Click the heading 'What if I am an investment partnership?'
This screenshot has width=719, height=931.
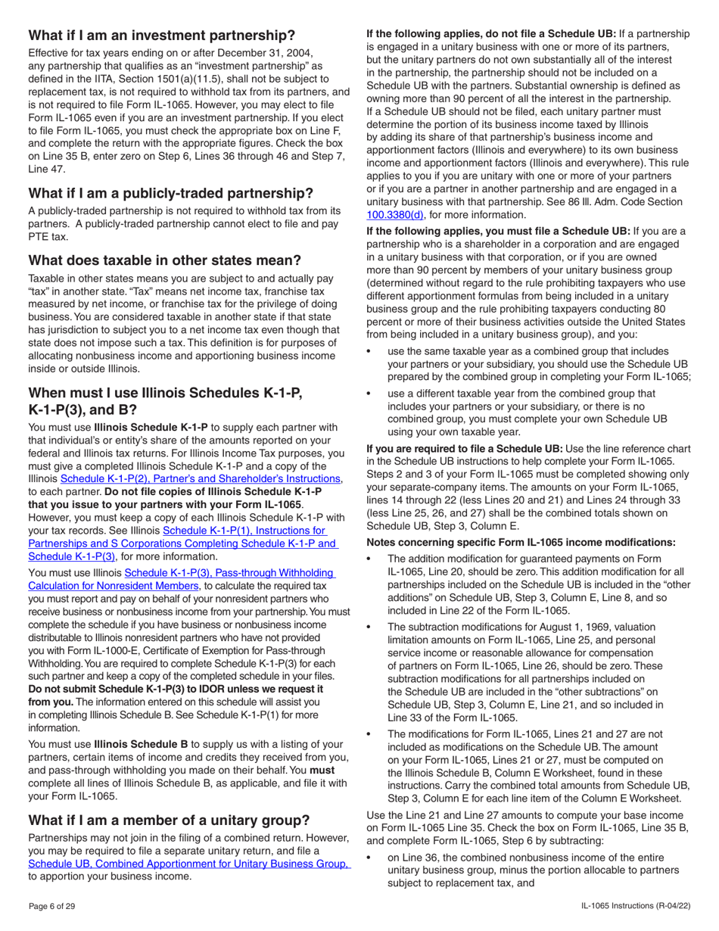(x=161, y=36)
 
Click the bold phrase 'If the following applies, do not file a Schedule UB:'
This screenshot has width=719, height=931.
(x=490, y=34)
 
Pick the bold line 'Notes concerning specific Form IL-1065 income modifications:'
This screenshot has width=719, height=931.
(x=516, y=542)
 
